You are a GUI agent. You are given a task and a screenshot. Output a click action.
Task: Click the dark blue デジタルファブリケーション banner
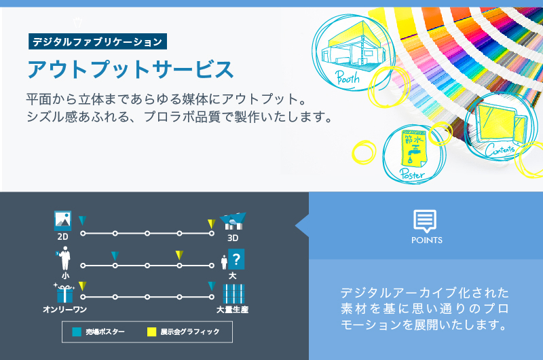[98, 41]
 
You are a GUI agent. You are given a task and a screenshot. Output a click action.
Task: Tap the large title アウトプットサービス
[130, 69]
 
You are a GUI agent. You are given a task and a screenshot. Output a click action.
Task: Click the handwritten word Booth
[348, 77]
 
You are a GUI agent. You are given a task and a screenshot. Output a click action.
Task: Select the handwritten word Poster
[412, 173]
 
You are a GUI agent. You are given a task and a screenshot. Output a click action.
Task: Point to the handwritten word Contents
[500, 149]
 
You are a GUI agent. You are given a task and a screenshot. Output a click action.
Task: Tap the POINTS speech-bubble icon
[425, 221]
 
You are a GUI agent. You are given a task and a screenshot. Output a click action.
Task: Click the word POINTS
[427, 240]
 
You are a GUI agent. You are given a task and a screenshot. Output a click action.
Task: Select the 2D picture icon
[62, 220]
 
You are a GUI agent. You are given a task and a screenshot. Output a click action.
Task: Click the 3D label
[233, 238]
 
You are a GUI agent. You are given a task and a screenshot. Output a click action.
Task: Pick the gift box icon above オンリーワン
[64, 294]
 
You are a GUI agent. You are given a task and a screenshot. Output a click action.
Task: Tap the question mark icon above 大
[236, 259]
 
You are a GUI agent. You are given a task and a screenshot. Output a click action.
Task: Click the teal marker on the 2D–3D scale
[82, 221]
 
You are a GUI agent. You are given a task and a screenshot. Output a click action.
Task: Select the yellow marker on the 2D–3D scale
[211, 224]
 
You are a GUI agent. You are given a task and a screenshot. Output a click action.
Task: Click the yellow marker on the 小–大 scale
[179, 255]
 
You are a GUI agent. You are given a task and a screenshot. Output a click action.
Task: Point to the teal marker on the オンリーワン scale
[212, 286]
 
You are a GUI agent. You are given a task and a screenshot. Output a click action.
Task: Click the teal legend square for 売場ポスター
[77, 332]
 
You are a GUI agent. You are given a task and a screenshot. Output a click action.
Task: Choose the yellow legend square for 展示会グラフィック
[151, 332]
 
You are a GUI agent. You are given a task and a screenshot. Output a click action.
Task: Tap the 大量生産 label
[232, 310]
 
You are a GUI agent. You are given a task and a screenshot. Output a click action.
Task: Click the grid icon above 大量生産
[233, 294]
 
